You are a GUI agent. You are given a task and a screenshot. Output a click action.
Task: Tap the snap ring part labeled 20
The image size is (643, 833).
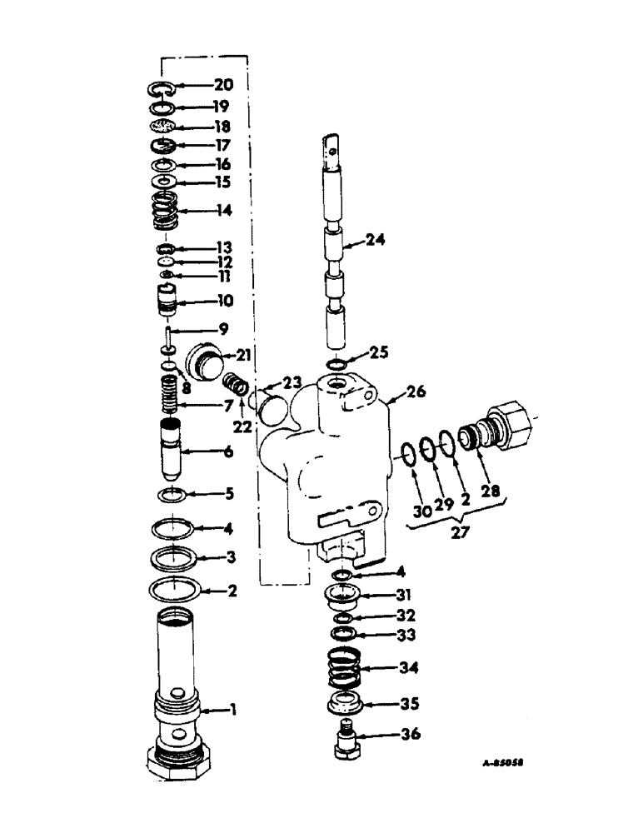coord(162,87)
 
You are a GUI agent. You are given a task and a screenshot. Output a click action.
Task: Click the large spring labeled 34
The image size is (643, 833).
coord(344,669)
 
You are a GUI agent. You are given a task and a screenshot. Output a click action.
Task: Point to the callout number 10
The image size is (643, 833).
coord(225,301)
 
